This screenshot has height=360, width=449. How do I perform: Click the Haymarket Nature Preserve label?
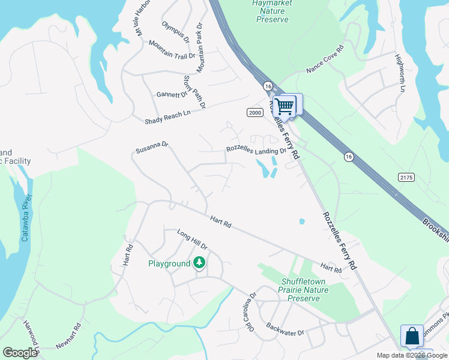click(272, 11)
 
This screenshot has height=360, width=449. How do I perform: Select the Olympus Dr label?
click(176, 32)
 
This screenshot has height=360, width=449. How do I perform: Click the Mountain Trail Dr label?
click(172, 51)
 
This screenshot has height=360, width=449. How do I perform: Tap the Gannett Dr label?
click(172, 95)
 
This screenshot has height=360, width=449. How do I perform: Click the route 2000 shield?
click(255, 112)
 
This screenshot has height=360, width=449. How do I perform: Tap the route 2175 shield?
click(406, 177)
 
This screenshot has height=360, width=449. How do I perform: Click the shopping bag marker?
click(412, 336)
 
